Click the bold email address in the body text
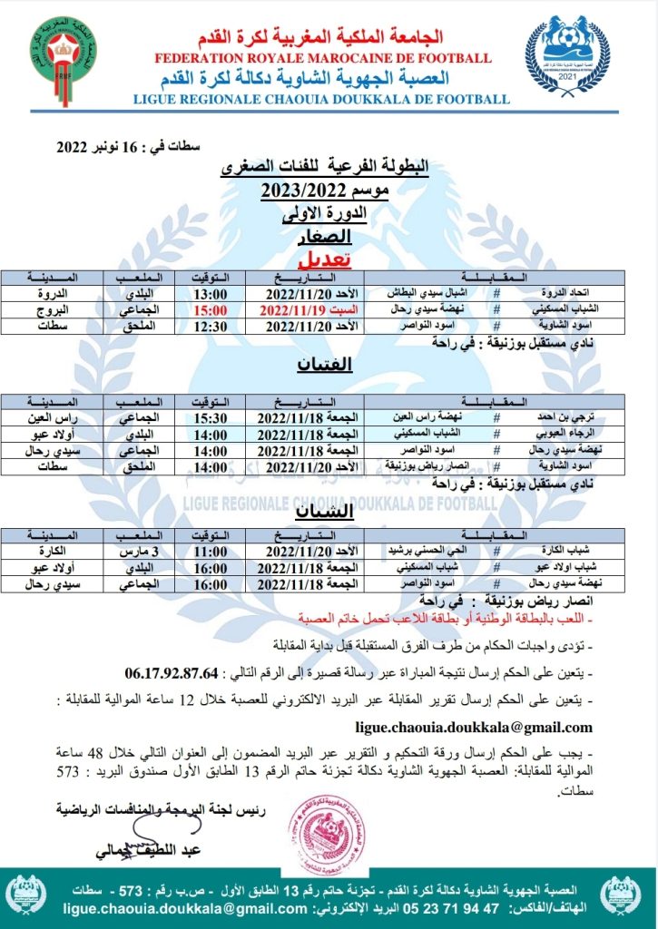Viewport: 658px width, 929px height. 473,727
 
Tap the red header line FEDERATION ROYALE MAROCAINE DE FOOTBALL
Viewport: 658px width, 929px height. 323,58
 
